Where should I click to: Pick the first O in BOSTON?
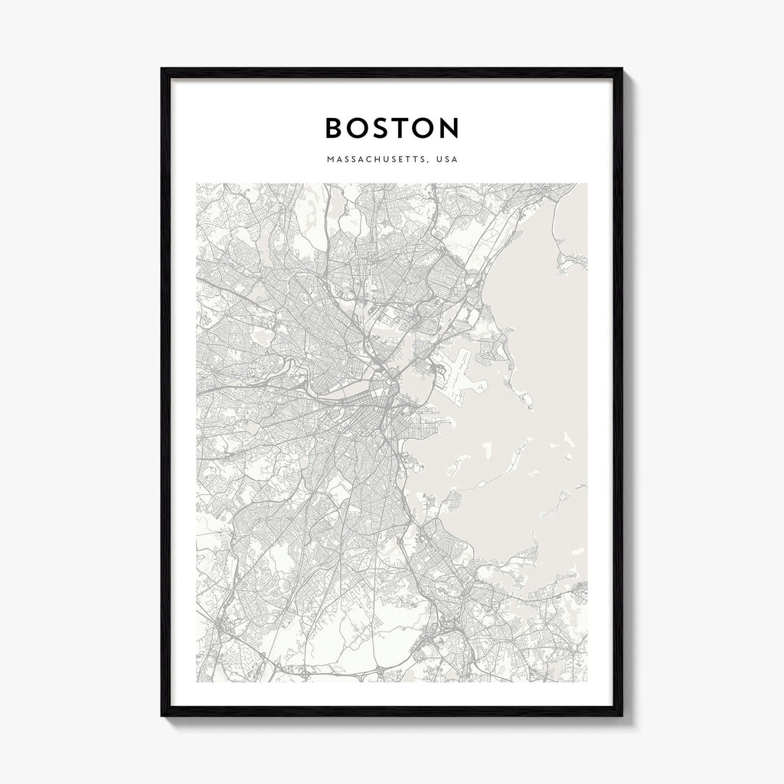[360, 128]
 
